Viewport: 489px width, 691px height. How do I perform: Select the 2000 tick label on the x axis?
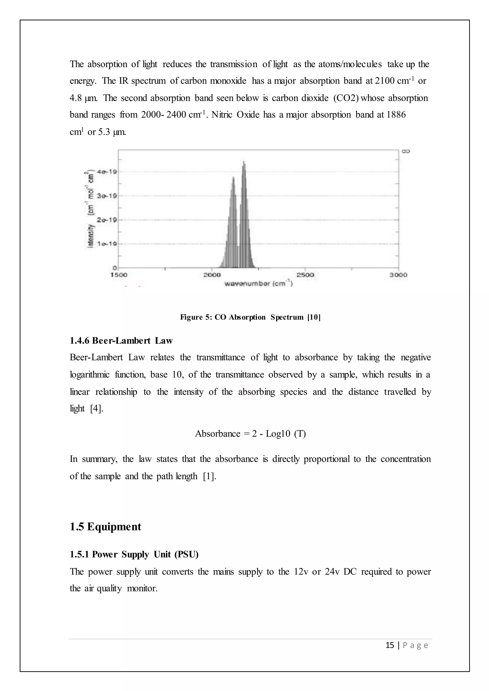click(212, 275)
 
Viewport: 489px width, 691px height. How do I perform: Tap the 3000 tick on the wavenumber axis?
click(398, 275)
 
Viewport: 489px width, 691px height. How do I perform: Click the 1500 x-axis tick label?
click(119, 275)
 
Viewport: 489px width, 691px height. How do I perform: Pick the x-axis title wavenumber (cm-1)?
click(258, 284)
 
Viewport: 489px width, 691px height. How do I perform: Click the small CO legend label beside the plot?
click(406, 151)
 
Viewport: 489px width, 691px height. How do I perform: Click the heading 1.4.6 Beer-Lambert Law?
click(121, 341)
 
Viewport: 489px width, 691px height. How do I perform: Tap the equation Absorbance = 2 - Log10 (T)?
click(250, 434)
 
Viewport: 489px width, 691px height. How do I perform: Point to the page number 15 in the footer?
click(390, 645)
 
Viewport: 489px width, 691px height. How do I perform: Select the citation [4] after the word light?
click(97, 409)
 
